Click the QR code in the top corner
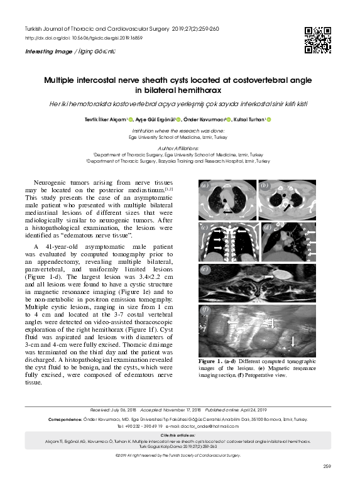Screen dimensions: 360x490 pos(317,40)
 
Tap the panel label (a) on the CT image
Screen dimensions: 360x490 pos(205,186)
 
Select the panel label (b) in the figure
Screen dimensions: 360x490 pos(265,186)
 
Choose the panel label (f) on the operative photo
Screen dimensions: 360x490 pos(205,310)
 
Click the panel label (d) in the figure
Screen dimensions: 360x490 pos(267,228)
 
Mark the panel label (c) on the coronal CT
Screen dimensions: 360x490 pos(205,228)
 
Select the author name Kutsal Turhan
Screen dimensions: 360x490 pos(250,119)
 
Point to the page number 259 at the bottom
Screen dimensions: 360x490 pos(326,465)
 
